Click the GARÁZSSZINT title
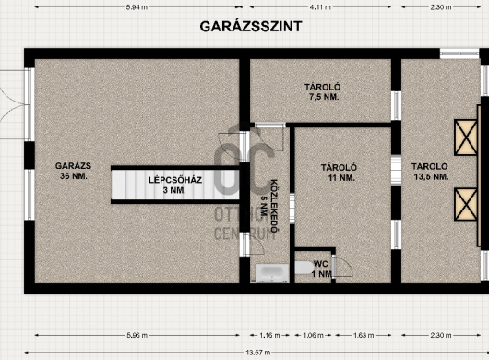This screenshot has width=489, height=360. [x=251, y=27]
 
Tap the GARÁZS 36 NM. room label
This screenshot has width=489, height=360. [x=73, y=171]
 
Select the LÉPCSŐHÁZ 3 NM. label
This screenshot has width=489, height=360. [x=175, y=185]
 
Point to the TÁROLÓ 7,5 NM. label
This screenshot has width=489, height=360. [x=323, y=91]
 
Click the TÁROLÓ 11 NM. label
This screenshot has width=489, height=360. [x=339, y=173]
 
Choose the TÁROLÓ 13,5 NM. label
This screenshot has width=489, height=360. [x=430, y=172]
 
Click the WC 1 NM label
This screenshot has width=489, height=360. [x=321, y=269]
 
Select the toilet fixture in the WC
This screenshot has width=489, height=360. [x=304, y=268]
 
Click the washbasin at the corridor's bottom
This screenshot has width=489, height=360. [x=272, y=273]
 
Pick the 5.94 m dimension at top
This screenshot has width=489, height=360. [x=137, y=7]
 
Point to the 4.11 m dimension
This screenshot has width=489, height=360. [x=320, y=7]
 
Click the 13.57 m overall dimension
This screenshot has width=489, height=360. [x=258, y=353]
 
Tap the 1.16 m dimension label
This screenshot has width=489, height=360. [x=269, y=336]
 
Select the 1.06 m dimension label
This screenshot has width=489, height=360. [x=313, y=336]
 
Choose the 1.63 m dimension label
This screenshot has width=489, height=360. [x=364, y=336]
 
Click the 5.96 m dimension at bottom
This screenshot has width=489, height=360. [x=137, y=336]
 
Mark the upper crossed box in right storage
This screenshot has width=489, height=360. [x=466, y=138]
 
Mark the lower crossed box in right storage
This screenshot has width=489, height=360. [x=466, y=204]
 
